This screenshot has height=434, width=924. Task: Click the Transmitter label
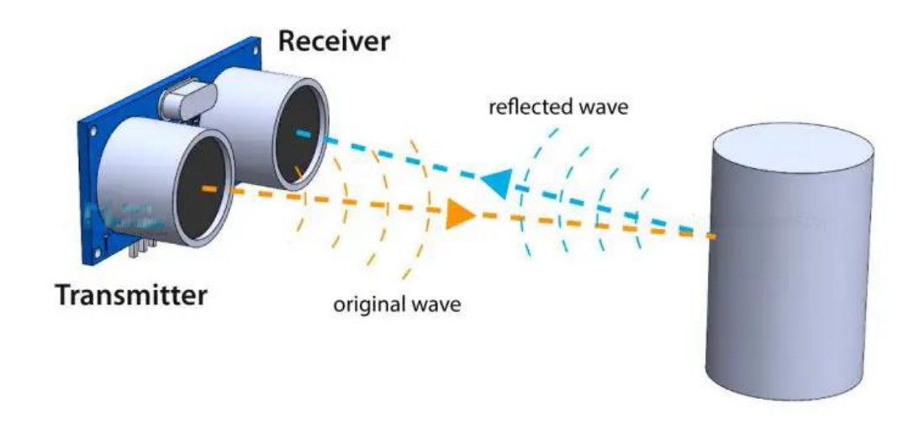(131, 296)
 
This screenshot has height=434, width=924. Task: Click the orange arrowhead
(460, 214)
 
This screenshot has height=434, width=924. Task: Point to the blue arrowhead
(496, 181)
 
